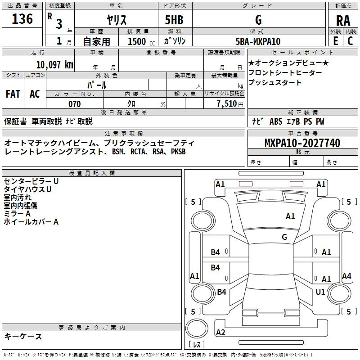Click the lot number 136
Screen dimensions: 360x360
[22, 19]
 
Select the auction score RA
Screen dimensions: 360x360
[343, 20]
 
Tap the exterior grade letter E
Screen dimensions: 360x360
[335, 41]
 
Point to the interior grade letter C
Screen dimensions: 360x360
[350, 41]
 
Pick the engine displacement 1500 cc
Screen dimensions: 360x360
[140, 41]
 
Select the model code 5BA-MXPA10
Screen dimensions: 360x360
[258, 41]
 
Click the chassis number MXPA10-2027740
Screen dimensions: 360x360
[302, 143]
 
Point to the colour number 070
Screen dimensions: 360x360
[74, 104]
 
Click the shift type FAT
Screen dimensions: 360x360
[13, 94]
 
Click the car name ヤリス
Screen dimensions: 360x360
[116, 20]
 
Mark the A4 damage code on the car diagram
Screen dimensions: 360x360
[346, 276]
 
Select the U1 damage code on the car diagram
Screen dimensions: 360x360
[320, 292]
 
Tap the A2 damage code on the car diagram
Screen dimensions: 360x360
[220, 333]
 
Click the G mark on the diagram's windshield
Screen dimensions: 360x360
[284, 237]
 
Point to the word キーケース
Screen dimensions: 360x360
[23, 336]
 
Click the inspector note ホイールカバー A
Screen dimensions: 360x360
[31, 222]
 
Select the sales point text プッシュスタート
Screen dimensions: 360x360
[275, 83]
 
